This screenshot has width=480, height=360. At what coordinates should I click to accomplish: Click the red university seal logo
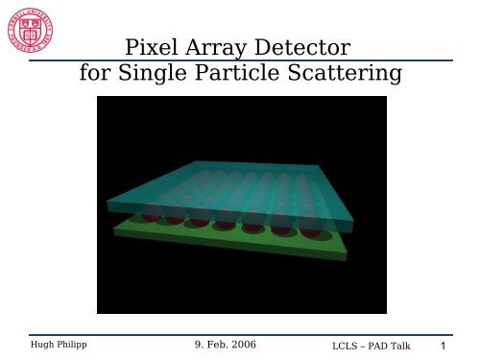[x=33, y=32]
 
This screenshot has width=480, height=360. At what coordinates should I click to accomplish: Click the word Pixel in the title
[x=154, y=47]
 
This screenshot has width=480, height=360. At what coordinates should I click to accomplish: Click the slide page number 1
[x=443, y=344]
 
